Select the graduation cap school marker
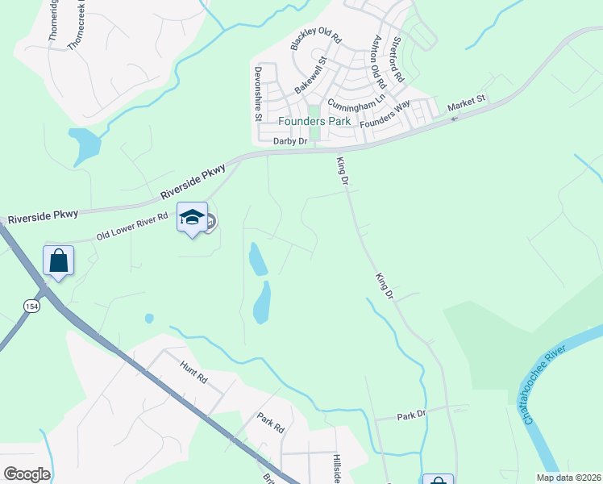click(x=192, y=218)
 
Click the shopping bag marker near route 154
click(x=58, y=261)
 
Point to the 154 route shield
click(x=31, y=306)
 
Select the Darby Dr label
click(x=290, y=141)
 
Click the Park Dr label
click(x=411, y=415)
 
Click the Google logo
click(x=27, y=474)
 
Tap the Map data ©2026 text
click(x=568, y=477)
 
